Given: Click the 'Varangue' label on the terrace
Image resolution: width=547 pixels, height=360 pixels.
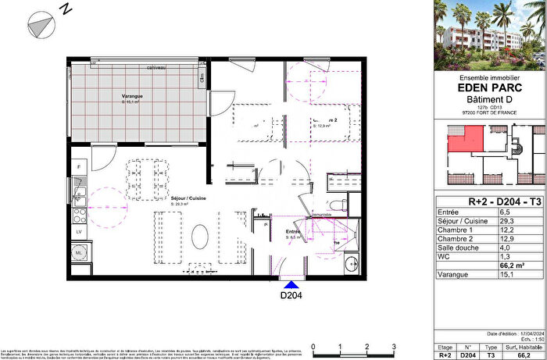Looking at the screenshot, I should pos(131,97).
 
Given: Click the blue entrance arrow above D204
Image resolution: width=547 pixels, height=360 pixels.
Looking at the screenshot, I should pos(291,286).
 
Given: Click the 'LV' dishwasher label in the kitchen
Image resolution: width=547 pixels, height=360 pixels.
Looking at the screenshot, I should pos(78,232).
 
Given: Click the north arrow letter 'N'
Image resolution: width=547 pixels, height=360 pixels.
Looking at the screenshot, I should pos(66,9).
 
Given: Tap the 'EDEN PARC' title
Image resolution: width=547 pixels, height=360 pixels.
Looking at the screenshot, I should pos(489,87).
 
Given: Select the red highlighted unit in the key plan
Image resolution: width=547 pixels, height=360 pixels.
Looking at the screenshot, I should pos(463,141).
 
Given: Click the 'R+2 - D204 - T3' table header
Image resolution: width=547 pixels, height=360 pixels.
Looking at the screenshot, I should pos(489,201).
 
